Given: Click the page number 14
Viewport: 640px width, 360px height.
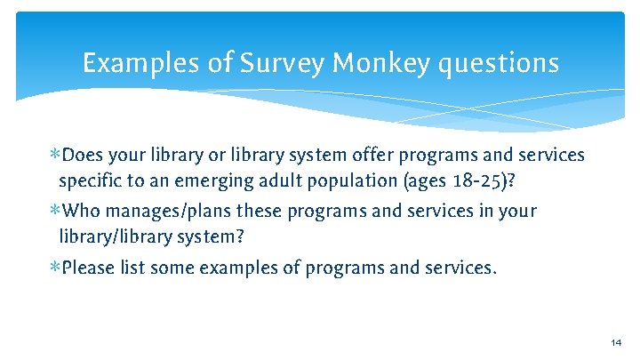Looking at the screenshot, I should [x=616, y=341].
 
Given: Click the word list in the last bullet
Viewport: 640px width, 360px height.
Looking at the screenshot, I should [x=137, y=268].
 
